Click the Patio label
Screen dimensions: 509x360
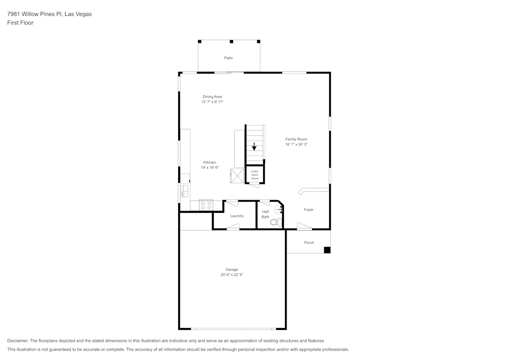click(228, 58)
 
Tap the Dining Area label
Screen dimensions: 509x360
click(212, 96)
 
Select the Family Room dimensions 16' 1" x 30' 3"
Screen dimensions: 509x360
click(296, 145)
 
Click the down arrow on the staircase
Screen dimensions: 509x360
click(254, 146)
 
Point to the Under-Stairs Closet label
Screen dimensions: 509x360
click(255, 175)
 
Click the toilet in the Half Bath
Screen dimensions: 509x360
click(276, 222)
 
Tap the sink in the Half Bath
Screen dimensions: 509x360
click(278, 209)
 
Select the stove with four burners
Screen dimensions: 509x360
click(206, 206)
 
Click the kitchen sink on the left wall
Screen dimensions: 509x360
click(185, 191)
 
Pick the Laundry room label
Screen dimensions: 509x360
click(237, 216)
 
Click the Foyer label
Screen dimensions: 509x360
click(309, 210)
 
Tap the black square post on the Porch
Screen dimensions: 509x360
click(327, 250)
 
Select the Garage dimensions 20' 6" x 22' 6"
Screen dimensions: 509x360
click(232, 274)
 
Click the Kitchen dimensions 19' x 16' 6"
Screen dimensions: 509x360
click(210, 168)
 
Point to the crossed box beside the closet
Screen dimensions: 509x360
click(237, 176)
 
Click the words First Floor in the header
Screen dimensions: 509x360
click(20, 23)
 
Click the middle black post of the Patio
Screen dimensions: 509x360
click(232, 42)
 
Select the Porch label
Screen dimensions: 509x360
click(309, 242)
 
